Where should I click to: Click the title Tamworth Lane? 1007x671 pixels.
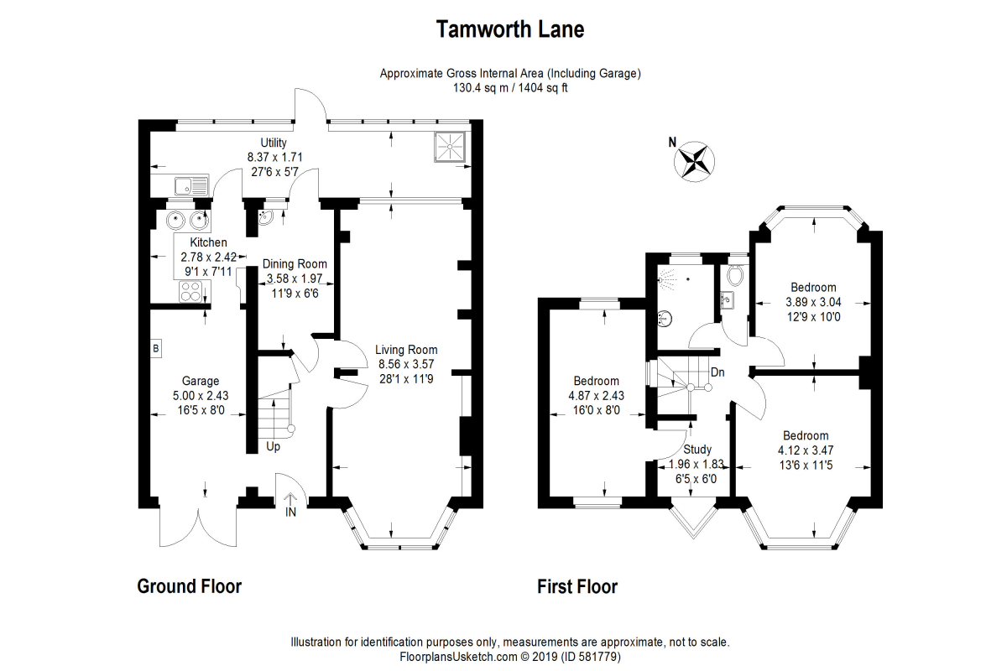(510, 30)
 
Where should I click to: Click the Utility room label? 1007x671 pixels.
(274, 143)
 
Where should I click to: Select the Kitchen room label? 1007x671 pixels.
(208, 243)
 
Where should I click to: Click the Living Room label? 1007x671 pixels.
(406, 350)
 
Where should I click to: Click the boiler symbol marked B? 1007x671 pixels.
(155, 348)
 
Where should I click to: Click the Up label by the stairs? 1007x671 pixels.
(273, 447)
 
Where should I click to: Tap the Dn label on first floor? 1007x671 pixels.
(717, 372)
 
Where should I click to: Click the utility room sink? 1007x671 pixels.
(184, 186)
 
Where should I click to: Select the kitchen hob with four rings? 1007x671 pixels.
(190, 293)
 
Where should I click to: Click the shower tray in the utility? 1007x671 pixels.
(451, 148)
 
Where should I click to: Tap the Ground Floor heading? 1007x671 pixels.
(190, 586)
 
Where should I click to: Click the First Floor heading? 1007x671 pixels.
(577, 586)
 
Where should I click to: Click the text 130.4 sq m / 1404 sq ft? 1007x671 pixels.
(510, 88)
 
